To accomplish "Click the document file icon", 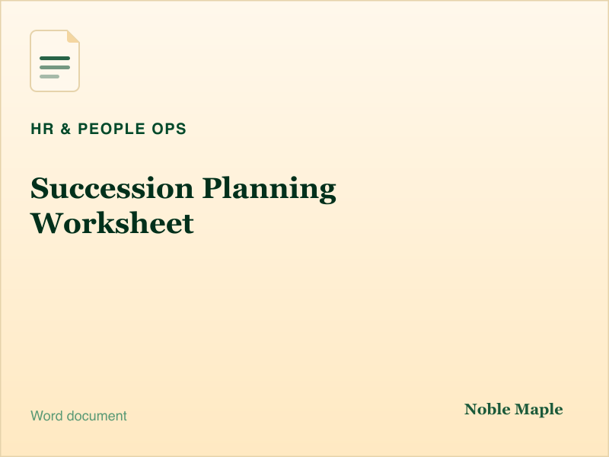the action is click(55, 61).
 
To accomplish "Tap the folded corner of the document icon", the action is click(73, 36).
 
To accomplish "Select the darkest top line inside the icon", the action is click(55, 59).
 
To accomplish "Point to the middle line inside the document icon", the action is click(55, 68).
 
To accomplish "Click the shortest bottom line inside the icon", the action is click(49, 77).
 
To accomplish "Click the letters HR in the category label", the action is click(43, 129).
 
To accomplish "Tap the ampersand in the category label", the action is click(65, 129).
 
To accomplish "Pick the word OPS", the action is click(169, 129).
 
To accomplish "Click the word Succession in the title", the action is click(112, 188).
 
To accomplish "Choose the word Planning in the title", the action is click(269, 190).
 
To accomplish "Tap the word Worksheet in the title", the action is click(112, 223).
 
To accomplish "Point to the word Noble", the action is click(487, 409).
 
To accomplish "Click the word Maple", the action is click(539, 411).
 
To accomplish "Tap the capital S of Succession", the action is click(40, 188).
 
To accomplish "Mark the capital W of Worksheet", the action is click(46, 223).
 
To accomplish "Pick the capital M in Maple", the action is click(523, 409).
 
